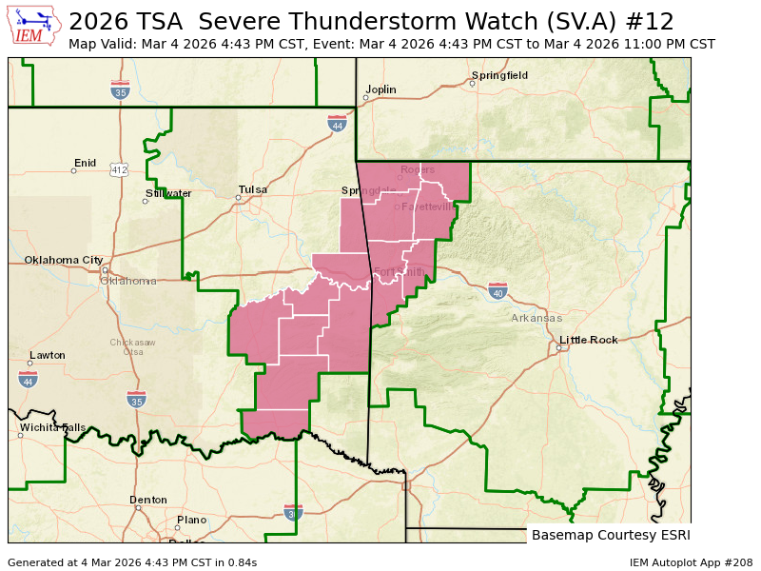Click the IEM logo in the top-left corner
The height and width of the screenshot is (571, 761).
pyautogui.click(x=35, y=27)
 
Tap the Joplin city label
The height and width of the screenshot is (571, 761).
pyautogui.click(x=381, y=89)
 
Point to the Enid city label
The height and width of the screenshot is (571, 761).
pyautogui.click(x=86, y=163)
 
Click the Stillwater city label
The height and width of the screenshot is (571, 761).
pyautogui.click(x=168, y=193)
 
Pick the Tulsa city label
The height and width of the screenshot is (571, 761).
pyautogui.click(x=253, y=189)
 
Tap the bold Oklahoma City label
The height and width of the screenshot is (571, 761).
pyautogui.click(x=64, y=260)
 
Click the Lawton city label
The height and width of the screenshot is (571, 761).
pyautogui.click(x=48, y=355)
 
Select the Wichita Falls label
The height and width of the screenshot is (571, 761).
pyautogui.click(x=52, y=427)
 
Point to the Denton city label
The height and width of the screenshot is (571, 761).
pyautogui.click(x=148, y=500)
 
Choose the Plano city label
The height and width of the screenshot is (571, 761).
pyautogui.click(x=191, y=520)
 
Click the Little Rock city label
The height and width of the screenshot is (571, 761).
pyautogui.click(x=590, y=340)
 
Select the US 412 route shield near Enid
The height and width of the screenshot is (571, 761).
pyautogui.click(x=119, y=169)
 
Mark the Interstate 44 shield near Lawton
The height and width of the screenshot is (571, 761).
pyautogui.click(x=28, y=380)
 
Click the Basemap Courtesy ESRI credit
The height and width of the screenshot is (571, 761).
pyautogui.click(x=611, y=535)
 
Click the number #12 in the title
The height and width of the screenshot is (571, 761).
pyautogui.click(x=653, y=22)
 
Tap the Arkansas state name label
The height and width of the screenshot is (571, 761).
pyautogui.click(x=537, y=318)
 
